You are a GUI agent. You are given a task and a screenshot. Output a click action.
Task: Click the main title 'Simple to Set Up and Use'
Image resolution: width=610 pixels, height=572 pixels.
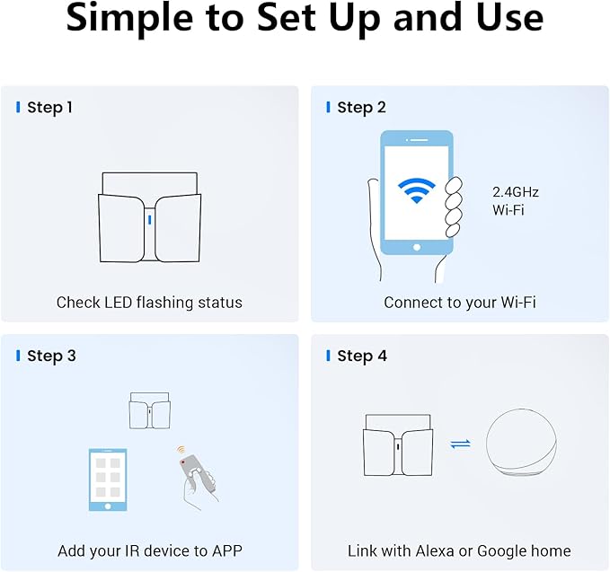click(305, 20)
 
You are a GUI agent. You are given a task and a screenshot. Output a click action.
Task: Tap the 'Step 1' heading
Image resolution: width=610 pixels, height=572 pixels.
click(49, 108)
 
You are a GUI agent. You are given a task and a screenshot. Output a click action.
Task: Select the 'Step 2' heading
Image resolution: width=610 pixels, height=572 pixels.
click(361, 108)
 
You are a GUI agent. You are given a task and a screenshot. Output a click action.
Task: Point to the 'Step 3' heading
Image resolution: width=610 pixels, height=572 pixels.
click(51, 356)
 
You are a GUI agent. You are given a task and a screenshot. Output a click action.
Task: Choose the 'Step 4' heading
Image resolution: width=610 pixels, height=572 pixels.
click(362, 356)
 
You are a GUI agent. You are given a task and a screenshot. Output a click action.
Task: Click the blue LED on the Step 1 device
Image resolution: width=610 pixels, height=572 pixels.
click(149, 219)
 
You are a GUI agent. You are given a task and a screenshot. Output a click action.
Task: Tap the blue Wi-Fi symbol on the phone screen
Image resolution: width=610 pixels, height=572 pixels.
click(416, 190)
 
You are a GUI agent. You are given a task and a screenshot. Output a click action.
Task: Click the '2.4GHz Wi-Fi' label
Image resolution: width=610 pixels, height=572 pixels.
click(516, 200)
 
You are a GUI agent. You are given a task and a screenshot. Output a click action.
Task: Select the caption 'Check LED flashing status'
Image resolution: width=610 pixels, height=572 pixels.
click(149, 303)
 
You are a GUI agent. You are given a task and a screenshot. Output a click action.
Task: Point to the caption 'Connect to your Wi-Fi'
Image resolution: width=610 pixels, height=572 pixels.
click(460, 303)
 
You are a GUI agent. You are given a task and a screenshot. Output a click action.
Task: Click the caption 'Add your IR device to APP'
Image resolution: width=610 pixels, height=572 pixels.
click(149, 550)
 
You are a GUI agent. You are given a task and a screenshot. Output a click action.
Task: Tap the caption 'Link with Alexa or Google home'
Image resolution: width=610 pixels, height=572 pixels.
click(459, 550)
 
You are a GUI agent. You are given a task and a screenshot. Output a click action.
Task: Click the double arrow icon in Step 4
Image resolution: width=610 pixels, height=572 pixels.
click(460, 444)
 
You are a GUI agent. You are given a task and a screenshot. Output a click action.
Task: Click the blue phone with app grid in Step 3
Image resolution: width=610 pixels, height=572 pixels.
click(108, 480)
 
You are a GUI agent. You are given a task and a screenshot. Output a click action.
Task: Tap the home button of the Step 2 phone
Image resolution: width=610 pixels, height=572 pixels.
click(416, 246)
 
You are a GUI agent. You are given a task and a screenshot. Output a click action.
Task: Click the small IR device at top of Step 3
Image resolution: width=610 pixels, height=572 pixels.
click(149, 410)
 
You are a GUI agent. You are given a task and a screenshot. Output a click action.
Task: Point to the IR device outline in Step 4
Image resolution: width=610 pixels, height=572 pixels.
click(397, 444)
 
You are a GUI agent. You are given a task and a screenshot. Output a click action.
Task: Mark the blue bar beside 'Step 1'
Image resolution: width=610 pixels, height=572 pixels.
click(18, 108)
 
